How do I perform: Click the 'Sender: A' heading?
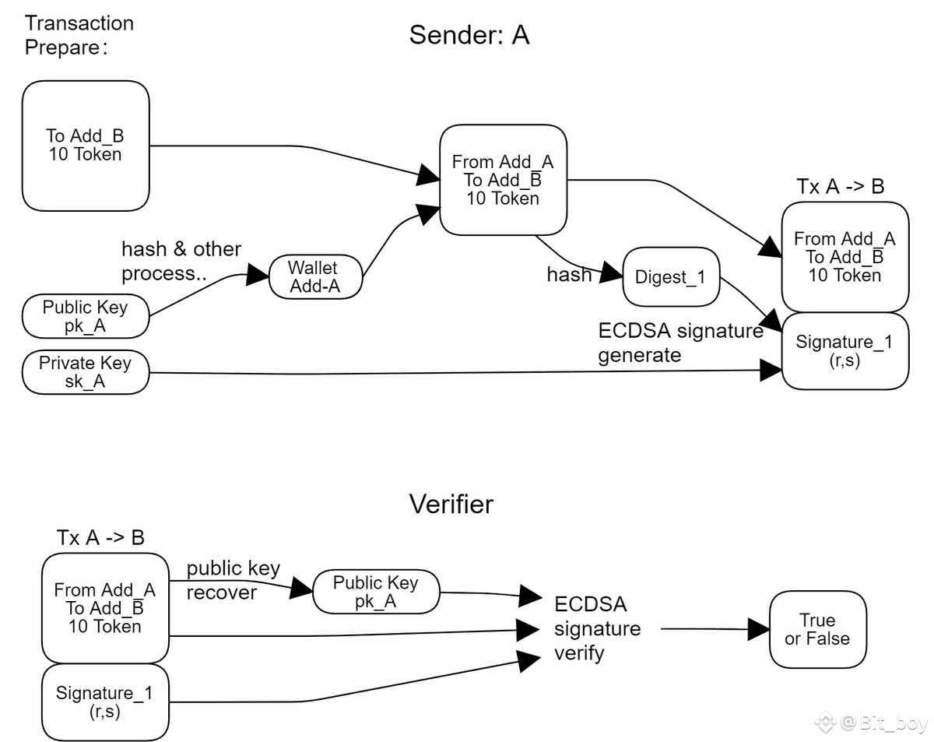(x=469, y=35)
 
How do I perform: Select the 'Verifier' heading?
(x=451, y=505)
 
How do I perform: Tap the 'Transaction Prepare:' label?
(x=79, y=35)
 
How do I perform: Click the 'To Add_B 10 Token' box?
(x=86, y=146)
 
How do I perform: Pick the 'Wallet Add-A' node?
(x=315, y=277)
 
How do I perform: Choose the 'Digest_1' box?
(x=670, y=277)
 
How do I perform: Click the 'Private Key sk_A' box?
(x=86, y=372)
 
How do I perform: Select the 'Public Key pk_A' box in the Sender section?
(x=86, y=316)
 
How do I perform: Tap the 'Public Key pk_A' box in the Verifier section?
(x=376, y=593)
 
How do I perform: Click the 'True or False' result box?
(x=817, y=629)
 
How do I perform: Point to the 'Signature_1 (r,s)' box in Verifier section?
(x=105, y=702)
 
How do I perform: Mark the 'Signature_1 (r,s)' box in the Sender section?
(x=844, y=351)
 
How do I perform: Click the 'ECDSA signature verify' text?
(x=597, y=628)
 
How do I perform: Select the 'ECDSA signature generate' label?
(x=680, y=343)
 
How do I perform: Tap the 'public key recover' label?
(x=233, y=580)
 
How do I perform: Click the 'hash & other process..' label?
(x=181, y=261)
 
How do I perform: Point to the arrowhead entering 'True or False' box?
(x=759, y=629)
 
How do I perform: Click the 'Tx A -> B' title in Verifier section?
(x=100, y=537)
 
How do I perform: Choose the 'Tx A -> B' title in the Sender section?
(x=841, y=187)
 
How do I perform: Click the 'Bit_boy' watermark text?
(x=894, y=723)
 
